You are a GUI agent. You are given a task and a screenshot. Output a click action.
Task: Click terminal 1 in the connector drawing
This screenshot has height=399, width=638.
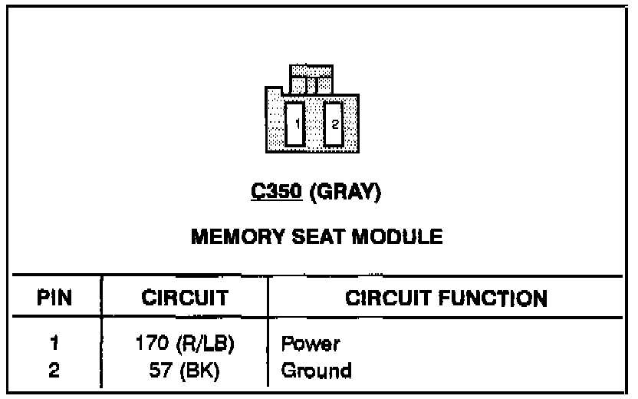294,124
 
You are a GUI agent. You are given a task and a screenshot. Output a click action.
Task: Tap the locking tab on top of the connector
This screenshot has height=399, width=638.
311,80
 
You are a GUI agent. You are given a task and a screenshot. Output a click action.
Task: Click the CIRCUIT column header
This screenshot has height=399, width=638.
184,298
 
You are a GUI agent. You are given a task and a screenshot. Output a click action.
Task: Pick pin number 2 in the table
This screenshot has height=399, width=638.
54,371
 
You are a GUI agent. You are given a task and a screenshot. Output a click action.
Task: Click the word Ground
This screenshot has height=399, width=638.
316,371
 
